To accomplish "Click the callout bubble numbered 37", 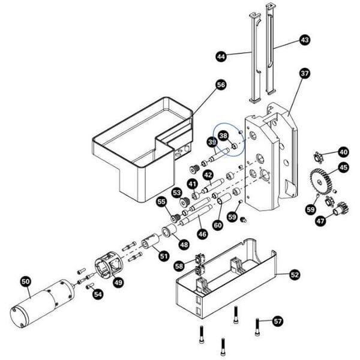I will pos(304,74).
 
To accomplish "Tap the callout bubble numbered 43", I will pos(304,40).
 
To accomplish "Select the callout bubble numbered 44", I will pos(221,56).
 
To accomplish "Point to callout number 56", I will pos(221,85).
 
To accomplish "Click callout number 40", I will pos(343,152).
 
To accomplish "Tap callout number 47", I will pos(321,221).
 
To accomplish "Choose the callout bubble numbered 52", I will pos(295,274).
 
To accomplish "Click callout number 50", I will pos(25,281).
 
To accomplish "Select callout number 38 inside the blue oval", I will pos(223,136).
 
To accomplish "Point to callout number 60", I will pos(218,224).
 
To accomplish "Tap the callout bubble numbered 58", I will pos(179,265).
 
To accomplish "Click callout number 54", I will pos(98,294).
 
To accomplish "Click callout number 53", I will pos(176,193).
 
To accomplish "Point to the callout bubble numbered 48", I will pos(183,244).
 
